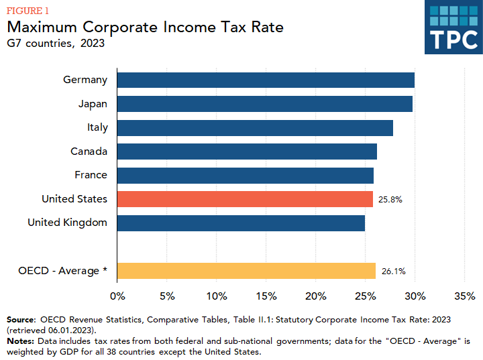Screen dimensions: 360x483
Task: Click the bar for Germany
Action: pyautogui.click(x=266, y=80)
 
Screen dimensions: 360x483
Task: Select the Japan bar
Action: pyautogui.click(x=265, y=104)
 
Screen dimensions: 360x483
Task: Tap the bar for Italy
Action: pyautogui.click(x=255, y=127)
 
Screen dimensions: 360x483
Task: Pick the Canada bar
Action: pyautogui.click(x=247, y=152)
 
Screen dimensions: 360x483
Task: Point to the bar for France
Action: pyautogui.click(x=246, y=175)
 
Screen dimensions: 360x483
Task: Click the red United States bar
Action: pyautogui.click(x=245, y=199)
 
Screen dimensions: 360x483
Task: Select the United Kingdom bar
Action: pyautogui.click(x=241, y=223)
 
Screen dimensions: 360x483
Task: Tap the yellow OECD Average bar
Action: pyautogui.click(x=246, y=271)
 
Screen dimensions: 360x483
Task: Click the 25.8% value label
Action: pyautogui.click(x=390, y=200)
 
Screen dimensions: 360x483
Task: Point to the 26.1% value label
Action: pyautogui.click(x=393, y=272)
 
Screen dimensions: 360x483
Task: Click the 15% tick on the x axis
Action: pyautogui.click(x=266, y=296)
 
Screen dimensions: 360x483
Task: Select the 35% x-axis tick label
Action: pyautogui.click(x=464, y=296)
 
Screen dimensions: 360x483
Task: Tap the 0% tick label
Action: pyautogui.click(x=117, y=296)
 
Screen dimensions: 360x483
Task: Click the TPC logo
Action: pyautogui.click(x=453, y=27)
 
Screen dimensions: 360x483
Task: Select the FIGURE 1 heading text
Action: pyautogui.click(x=28, y=11)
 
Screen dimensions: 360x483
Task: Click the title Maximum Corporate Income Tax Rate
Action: pyautogui.click(x=145, y=27)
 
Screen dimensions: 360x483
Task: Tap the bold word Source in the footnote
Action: pyautogui.click(x=21, y=319)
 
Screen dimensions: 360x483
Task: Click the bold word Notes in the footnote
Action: pyautogui.click(x=20, y=341)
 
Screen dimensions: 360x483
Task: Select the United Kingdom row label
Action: pyautogui.click(x=67, y=223)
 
